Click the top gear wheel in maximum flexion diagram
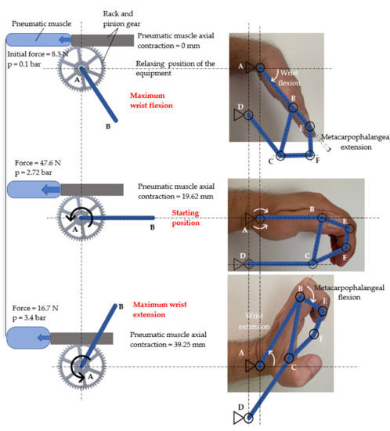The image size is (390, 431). (x=81, y=69)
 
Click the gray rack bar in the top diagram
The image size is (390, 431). (x=102, y=39)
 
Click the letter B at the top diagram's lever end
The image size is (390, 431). (x=107, y=125)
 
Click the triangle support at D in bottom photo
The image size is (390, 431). (x=237, y=418)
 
